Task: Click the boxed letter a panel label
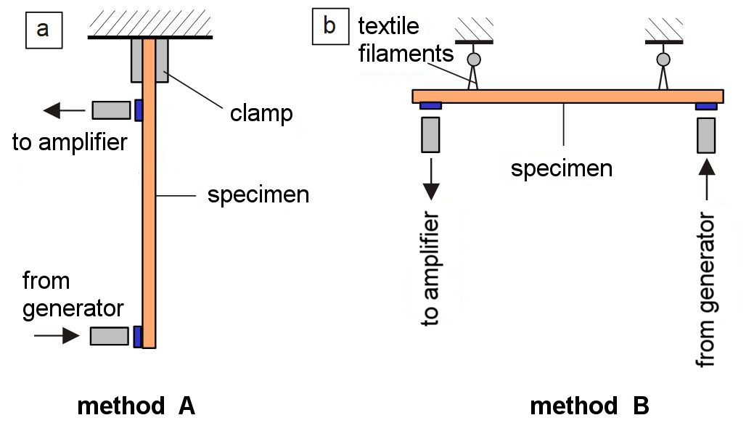44,30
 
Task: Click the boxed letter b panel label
330,26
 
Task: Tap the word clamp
261,113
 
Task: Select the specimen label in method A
258,195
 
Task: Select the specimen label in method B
562,169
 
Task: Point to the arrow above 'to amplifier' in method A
64,110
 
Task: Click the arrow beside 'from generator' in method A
57,335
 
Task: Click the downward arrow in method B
431,179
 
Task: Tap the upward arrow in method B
706,179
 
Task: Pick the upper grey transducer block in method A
111,110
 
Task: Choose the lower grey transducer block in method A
109,336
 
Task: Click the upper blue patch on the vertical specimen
139,110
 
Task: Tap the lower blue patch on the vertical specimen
138,336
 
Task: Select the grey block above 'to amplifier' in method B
430,135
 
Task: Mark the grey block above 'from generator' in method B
706,136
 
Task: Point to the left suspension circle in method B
474,59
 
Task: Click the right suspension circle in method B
663,59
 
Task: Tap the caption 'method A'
136,406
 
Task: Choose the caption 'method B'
589,406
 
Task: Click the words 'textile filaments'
406,40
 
